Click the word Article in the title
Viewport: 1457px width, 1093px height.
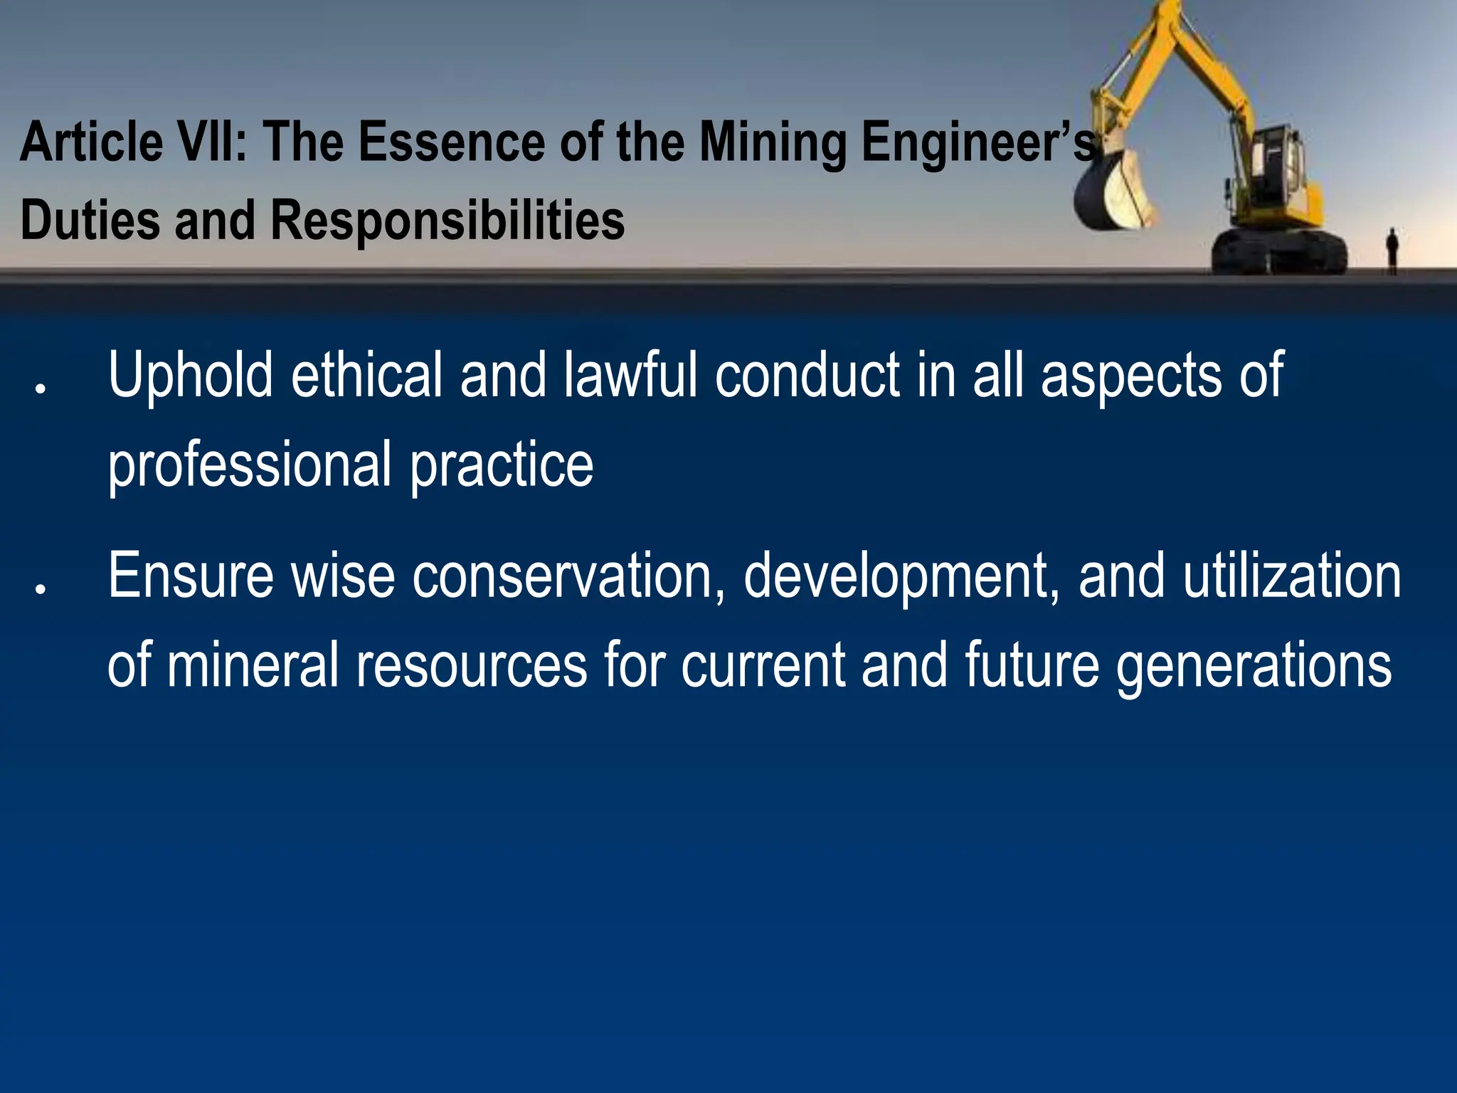point(92,142)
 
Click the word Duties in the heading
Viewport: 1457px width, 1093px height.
point(90,220)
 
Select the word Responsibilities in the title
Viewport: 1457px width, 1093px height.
point(447,221)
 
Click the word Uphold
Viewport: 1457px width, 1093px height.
point(190,376)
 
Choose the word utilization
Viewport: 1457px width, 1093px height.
point(1292,576)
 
